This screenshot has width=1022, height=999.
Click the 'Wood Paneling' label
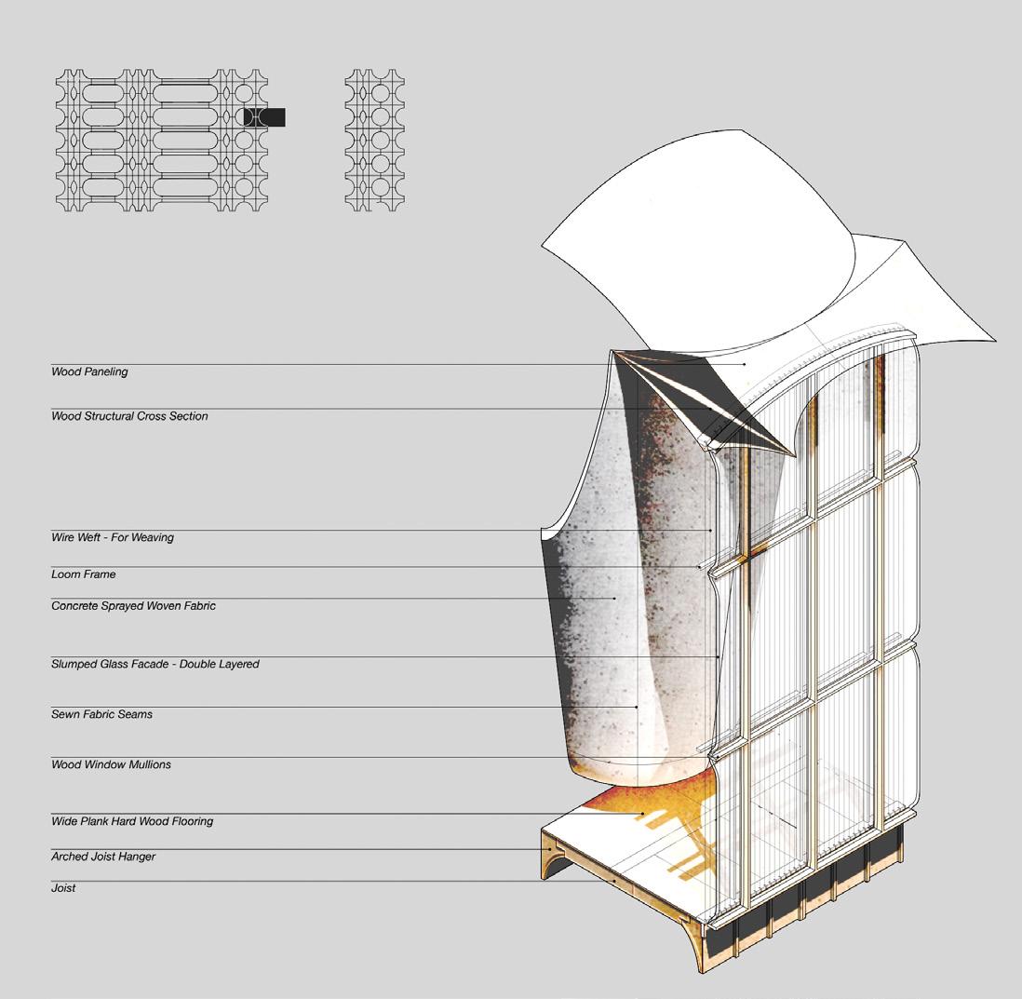click(89, 372)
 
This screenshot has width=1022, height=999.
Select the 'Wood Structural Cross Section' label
click(129, 416)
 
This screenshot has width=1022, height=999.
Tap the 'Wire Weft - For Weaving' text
click(112, 537)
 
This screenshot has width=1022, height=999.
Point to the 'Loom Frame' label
click(83, 574)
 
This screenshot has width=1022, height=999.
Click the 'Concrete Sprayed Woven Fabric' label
click(133, 606)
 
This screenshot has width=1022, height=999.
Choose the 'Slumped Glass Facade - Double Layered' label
click(155, 665)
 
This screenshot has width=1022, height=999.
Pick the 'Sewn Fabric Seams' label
click(101, 714)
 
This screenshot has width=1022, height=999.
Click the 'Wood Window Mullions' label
click(111, 764)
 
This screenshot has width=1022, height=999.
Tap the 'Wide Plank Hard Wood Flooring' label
click(131, 821)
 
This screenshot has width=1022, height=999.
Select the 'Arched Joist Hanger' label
click(102, 857)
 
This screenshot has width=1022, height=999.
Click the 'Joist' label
click(63, 888)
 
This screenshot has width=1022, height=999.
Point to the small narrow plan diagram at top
click(374, 140)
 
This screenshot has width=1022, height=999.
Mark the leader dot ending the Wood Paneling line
click(746, 364)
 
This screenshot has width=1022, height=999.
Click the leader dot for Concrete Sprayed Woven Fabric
click(615, 598)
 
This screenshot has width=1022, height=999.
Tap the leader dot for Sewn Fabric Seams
click(637, 707)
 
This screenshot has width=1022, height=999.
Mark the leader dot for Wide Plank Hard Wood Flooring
click(642, 814)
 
